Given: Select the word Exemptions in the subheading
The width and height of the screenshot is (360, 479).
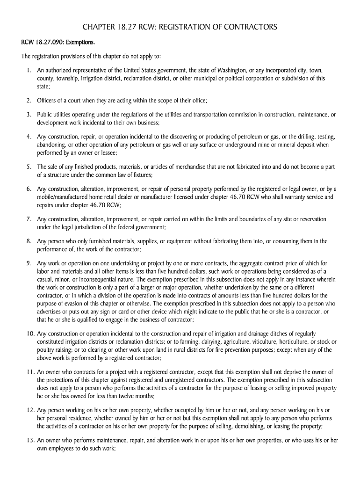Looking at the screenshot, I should [x=80, y=43].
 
